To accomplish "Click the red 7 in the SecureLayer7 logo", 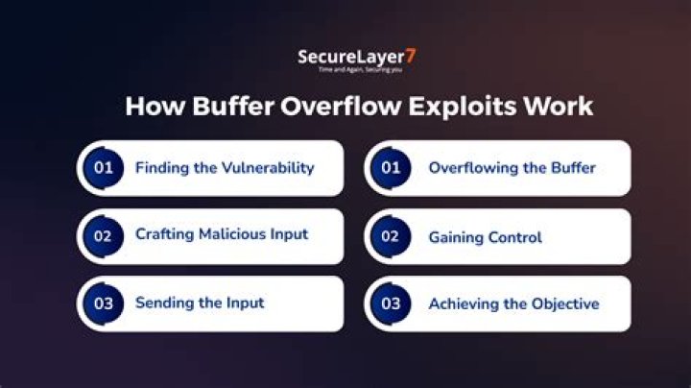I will [x=410, y=57].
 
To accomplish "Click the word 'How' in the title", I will [x=152, y=107].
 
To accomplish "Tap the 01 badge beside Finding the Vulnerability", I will [x=104, y=168].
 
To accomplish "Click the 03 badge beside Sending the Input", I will [x=104, y=303].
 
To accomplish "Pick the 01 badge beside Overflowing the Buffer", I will [x=392, y=168].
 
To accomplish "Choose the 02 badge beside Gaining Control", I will [x=392, y=236].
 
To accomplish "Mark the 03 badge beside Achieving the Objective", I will [x=392, y=303].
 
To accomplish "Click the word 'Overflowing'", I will [x=471, y=168].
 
